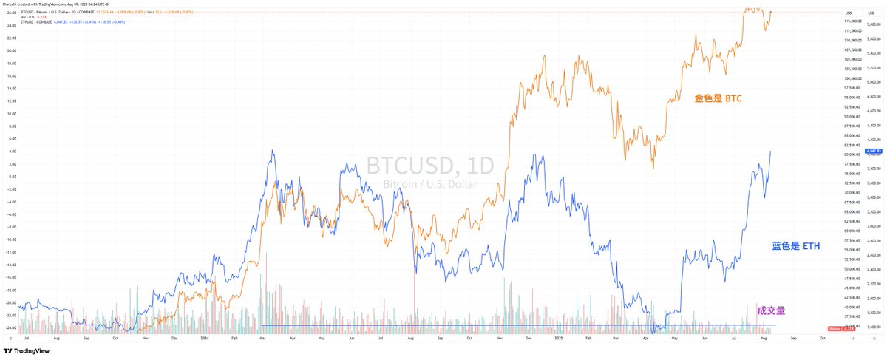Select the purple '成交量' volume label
pos(772,310)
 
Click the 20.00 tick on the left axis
pos(11,51)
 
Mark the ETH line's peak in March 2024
pos(273,152)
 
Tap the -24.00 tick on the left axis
pos(11,328)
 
